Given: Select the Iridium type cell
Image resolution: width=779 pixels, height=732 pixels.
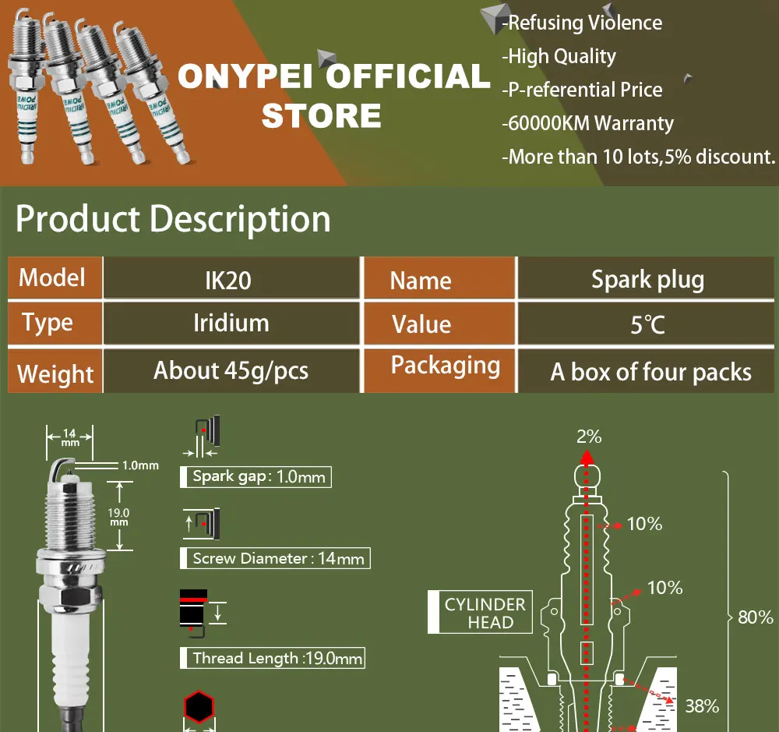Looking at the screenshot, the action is click(231, 323).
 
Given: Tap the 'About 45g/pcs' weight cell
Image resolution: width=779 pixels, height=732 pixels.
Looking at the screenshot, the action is click(231, 370).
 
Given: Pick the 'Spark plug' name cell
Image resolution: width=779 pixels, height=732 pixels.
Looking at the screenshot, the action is click(647, 279).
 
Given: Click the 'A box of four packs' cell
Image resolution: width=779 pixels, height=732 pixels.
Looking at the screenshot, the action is click(650, 372).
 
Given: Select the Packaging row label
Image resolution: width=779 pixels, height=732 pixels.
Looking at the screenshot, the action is click(445, 366).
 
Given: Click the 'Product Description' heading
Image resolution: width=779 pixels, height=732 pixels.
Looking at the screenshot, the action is click(173, 219).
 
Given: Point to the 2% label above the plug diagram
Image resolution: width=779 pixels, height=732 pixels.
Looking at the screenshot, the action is click(589, 437).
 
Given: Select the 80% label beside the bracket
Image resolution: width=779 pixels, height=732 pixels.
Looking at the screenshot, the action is click(755, 617).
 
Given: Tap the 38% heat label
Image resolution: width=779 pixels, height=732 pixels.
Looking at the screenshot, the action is click(702, 706).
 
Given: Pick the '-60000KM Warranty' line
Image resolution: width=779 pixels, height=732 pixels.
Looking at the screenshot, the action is click(587, 123).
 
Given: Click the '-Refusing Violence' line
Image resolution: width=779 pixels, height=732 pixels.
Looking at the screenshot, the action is click(582, 23).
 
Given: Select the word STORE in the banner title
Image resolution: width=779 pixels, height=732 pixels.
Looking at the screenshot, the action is click(322, 115).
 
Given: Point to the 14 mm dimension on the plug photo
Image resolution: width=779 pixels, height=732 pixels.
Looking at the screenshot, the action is click(69, 436).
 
